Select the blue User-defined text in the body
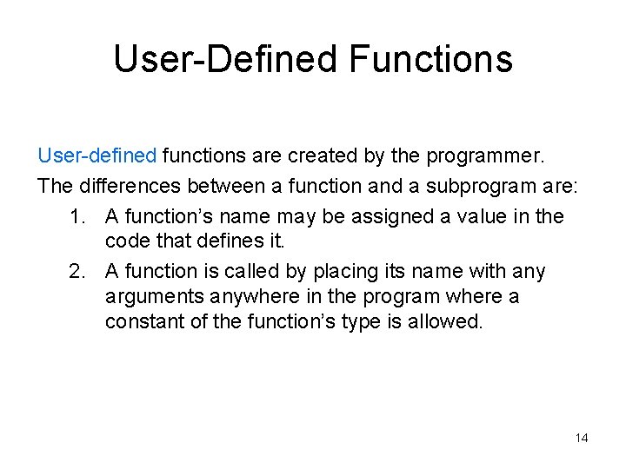click(97, 156)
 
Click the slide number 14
click(582, 438)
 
